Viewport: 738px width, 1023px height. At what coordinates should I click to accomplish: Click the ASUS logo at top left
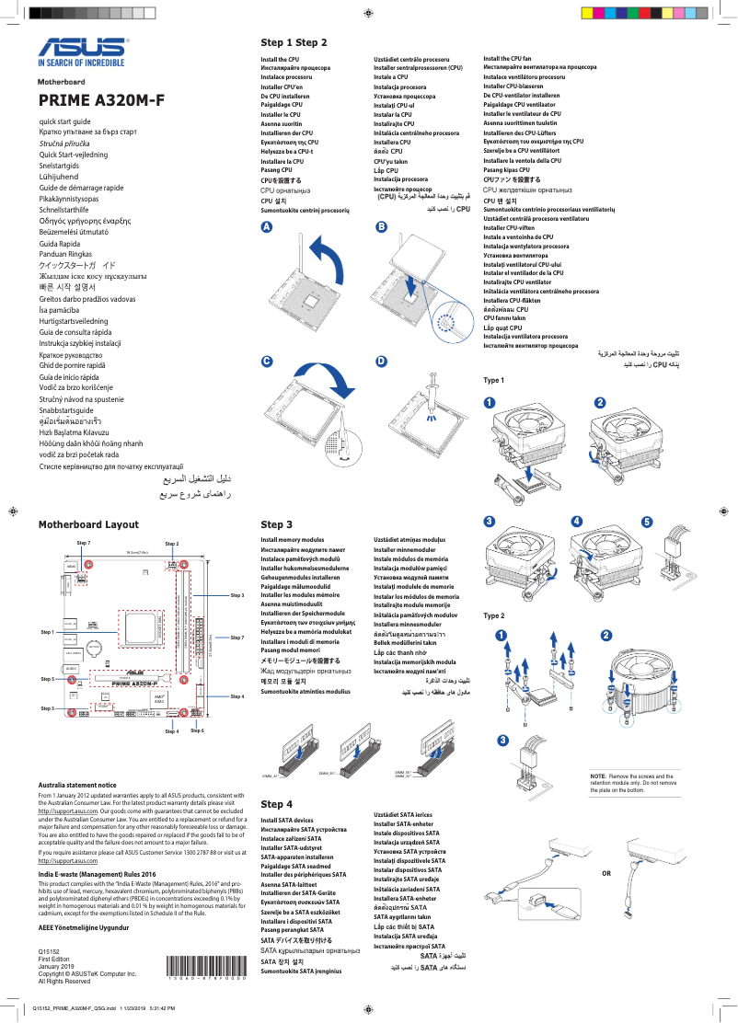tap(80, 53)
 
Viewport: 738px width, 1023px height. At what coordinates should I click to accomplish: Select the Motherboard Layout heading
tap(88, 524)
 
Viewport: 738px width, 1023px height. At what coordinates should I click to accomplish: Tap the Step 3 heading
tap(276, 524)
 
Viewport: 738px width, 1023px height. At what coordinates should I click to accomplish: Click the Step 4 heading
tap(276, 804)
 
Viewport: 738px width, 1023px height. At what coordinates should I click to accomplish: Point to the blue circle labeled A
tap(266, 227)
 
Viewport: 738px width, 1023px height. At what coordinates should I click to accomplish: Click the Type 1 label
tap(494, 380)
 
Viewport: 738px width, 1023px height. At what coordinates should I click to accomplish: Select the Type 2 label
tap(494, 615)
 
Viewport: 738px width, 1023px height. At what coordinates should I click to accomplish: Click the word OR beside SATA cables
tap(605, 872)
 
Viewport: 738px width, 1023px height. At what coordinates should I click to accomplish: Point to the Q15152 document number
tap(49, 950)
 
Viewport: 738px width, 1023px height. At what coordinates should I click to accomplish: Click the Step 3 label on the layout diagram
tap(236, 596)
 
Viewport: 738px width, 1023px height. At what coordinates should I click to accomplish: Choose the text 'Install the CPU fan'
tap(507, 58)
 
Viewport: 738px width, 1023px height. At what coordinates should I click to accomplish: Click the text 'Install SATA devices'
tap(287, 820)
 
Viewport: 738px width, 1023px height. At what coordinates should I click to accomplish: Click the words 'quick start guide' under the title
tap(64, 121)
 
